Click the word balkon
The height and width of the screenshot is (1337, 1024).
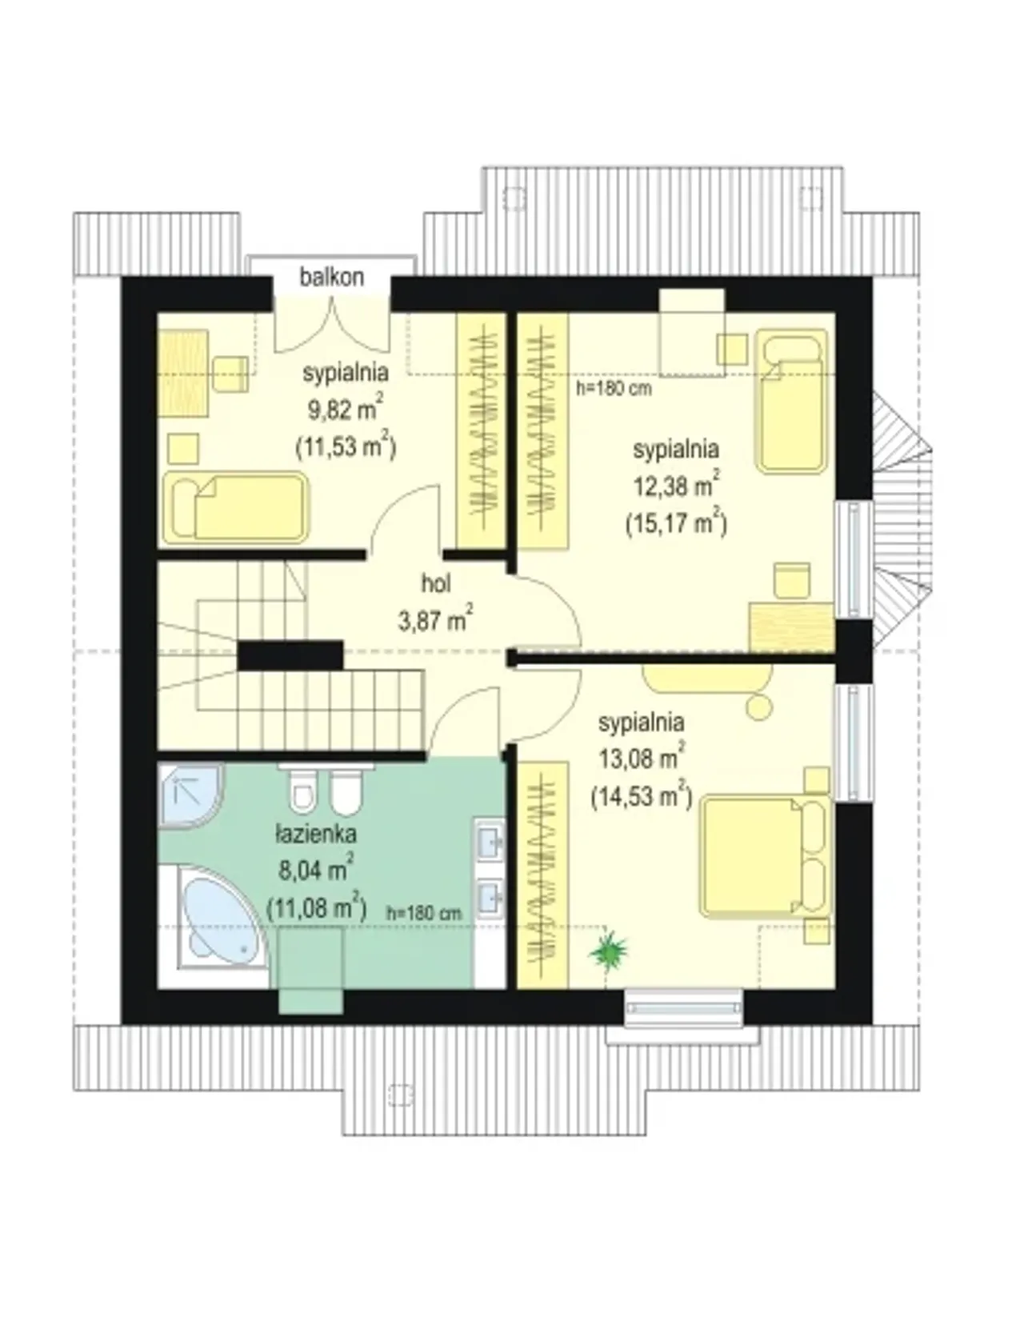[332, 277]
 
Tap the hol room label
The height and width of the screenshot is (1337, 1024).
[436, 584]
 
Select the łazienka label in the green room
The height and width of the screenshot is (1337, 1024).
[316, 835]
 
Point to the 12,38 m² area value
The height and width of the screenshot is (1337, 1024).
[676, 486]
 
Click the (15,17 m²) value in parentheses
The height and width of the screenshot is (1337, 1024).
[676, 523]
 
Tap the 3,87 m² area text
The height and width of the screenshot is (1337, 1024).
[435, 618]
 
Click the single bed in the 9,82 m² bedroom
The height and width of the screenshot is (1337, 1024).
[235, 507]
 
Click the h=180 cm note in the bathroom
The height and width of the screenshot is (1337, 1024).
[424, 912]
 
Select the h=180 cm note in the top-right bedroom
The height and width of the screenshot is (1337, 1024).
[614, 389]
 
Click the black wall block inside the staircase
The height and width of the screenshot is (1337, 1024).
[290, 655]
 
